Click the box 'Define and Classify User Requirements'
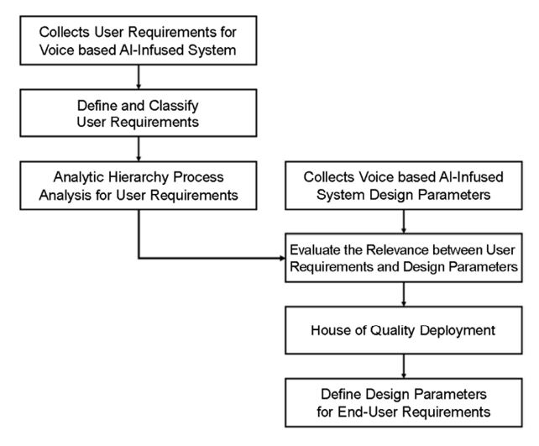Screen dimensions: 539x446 pyautogui.click(x=139, y=113)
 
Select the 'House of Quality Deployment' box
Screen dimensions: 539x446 pyautogui.click(x=404, y=330)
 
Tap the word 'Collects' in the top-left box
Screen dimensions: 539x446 pyautogui.click(x=65, y=32)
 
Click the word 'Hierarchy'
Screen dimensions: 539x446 pyautogui.click(x=140, y=177)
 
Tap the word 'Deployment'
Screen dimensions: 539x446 pyautogui.click(x=458, y=330)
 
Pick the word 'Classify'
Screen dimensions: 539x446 pyautogui.click(x=174, y=106)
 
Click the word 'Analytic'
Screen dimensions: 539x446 pyautogui.click(x=79, y=177)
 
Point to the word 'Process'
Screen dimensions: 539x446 pyautogui.click(x=198, y=177)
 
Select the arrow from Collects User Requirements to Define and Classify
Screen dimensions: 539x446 pyautogui.click(x=139, y=77)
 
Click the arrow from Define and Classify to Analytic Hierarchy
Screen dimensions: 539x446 pyautogui.click(x=139, y=149)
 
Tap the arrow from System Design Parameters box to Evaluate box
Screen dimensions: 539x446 pyautogui.click(x=404, y=222)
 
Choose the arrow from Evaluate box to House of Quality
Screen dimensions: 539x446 pyautogui.click(x=404, y=294)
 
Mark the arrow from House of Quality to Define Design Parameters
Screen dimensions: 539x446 pyautogui.click(x=404, y=366)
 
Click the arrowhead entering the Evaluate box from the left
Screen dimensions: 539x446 pyautogui.click(x=283, y=258)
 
